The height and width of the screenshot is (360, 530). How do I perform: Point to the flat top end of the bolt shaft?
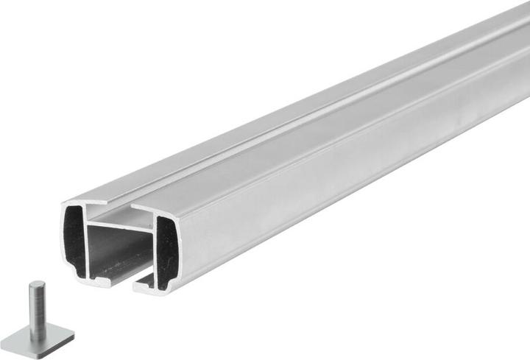pyautogui.click(x=37, y=285)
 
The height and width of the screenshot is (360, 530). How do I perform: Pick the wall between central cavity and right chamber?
pyautogui.click(x=155, y=250)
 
